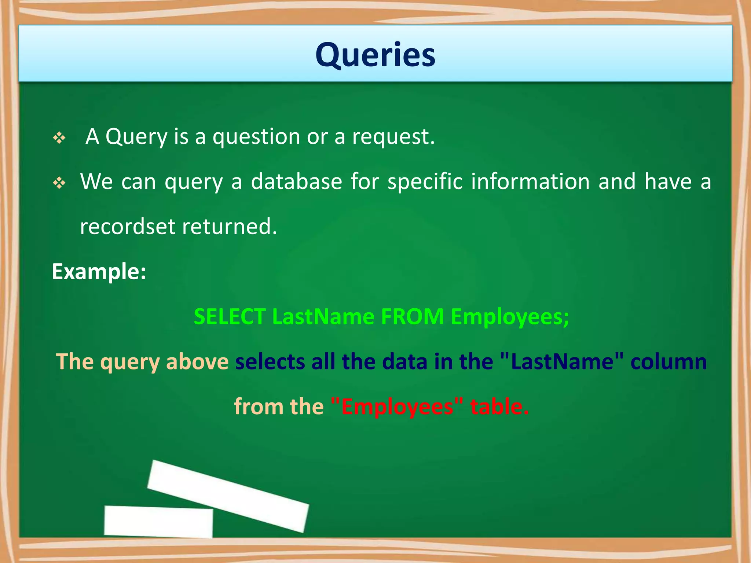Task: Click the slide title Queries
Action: point(375,55)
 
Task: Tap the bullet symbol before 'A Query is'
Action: point(59,138)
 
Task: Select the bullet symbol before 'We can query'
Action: point(59,183)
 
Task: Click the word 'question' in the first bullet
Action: point(256,137)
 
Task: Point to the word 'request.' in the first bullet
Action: point(393,137)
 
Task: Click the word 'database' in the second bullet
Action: point(296,181)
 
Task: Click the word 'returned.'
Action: point(230,227)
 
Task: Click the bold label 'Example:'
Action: point(99,272)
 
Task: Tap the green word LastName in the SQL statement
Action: point(323,317)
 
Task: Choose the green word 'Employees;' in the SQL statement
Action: point(510,317)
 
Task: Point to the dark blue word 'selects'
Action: point(270,362)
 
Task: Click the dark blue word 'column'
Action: point(668,362)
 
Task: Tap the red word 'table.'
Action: point(499,407)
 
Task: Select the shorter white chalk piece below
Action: point(158,522)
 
